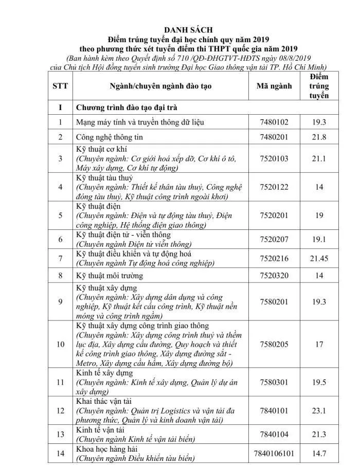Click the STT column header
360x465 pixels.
[60, 86]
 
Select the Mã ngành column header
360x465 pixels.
[274, 86]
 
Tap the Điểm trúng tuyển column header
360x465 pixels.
[319, 86]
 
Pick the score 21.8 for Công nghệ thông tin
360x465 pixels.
[319, 137]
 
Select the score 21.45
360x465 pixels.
[319, 258]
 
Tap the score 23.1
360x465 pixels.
[319, 410]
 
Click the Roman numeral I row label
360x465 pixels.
[60, 108]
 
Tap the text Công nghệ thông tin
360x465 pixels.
[110, 137]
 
